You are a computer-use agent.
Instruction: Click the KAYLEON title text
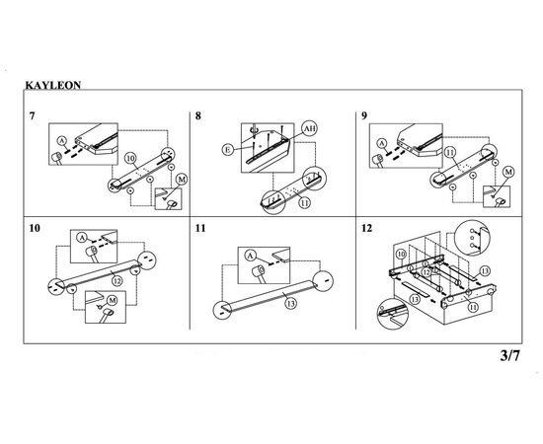click(x=53, y=85)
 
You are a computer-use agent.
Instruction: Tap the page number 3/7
click(x=510, y=355)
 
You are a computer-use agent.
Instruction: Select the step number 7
click(x=33, y=115)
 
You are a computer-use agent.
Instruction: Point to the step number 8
click(x=198, y=115)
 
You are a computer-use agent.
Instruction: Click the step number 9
click(x=364, y=115)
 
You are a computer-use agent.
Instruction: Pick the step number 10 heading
click(x=35, y=228)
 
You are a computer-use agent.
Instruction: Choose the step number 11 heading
click(x=200, y=228)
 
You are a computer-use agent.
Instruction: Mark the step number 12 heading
click(x=366, y=228)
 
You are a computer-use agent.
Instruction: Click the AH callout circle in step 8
click(x=309, y=128)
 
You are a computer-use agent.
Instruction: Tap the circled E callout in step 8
click(x=227, y=150)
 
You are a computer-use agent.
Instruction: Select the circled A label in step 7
click(x=61, y=141)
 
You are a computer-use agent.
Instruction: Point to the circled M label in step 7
click(x=182, y=180)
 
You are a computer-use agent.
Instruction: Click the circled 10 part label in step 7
click(x=130, y=159)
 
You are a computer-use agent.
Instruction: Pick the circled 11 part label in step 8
click(x=304, y=203)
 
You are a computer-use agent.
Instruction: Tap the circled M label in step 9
click(x=508, y=172)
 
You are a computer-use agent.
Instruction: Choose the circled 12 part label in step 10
click(x=117, y=281)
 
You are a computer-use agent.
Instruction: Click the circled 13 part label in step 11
click(x=290, y=304)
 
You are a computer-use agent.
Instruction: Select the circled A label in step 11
click(x=250, y=256)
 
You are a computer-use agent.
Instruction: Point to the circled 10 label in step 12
click(x=401, y=255)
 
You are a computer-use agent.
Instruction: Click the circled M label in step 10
click(x=112, y=300)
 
